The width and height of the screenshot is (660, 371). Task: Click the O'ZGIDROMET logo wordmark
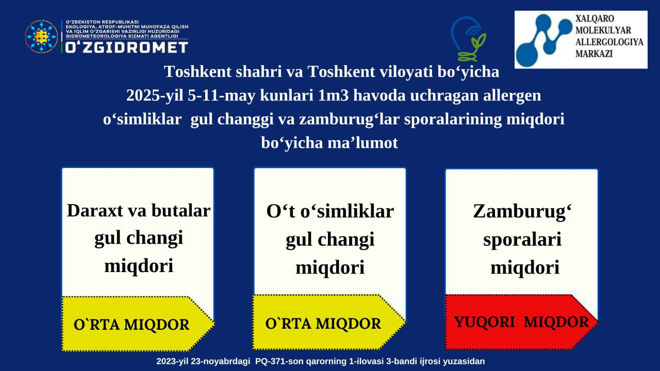[127, 47]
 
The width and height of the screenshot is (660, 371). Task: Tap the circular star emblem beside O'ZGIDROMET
[41, 37]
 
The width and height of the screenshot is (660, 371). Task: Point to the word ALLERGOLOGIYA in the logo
[609, 42]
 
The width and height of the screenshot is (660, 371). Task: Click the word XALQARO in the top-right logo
[595, 19]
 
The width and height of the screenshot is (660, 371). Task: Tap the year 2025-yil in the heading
[155, 96]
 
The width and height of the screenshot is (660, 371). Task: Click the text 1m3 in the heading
[334, 95]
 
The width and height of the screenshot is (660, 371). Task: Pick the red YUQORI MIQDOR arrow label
[522, 322]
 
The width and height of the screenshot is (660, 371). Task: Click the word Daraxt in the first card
[95, 211]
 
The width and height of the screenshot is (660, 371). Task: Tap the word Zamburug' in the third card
[522, 212]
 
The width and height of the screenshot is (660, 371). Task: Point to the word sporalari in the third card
[522, 240]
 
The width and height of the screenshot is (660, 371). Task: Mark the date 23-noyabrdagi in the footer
[220, 362]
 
